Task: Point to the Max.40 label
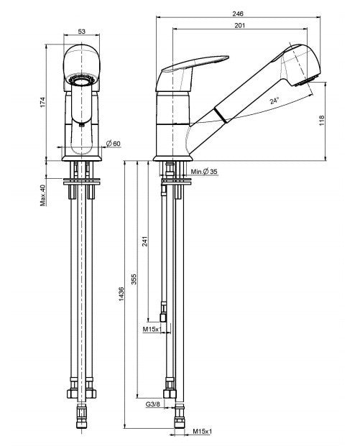(43, 194)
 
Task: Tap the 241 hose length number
(147, 242)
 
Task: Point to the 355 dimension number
(134, 278)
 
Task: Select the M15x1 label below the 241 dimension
(151, 328)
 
